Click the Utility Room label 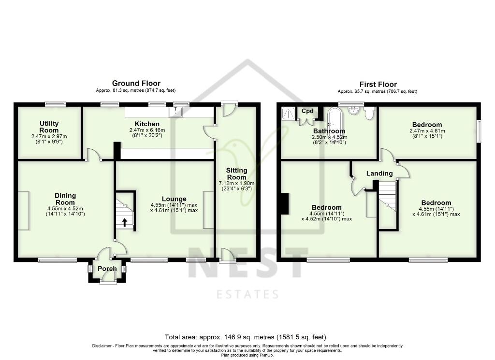coord(49,127)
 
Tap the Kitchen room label coord(147,124)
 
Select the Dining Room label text coord(65,199)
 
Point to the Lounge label coord(174,199)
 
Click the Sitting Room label coord(237,173)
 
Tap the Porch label coord(107,269)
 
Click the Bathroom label coord(329,131)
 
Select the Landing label coord(379,173)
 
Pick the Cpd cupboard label coord(307,111)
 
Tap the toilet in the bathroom coord(370,113)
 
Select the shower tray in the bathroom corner coord(289,114)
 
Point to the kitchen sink coord(175,112)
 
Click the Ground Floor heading coord(136,84)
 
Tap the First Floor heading coord(378,84)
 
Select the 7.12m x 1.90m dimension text coord(237,184)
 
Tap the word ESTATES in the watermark coord(247,294)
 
